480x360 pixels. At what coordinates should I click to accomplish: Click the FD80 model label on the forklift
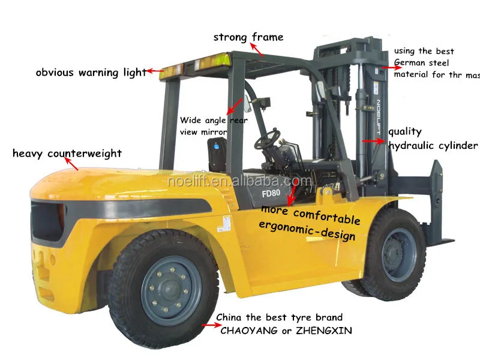click(x=272, y=194)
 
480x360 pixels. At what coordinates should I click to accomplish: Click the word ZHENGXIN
click(x=323, y=331)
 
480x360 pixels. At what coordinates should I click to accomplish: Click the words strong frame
click(x=248, y=37)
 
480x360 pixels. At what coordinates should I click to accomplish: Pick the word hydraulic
click(x=413, y=146)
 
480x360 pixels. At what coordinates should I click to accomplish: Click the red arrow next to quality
click(x=373, y=141)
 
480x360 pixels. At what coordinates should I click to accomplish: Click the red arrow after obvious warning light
click(x=156, y=71)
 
